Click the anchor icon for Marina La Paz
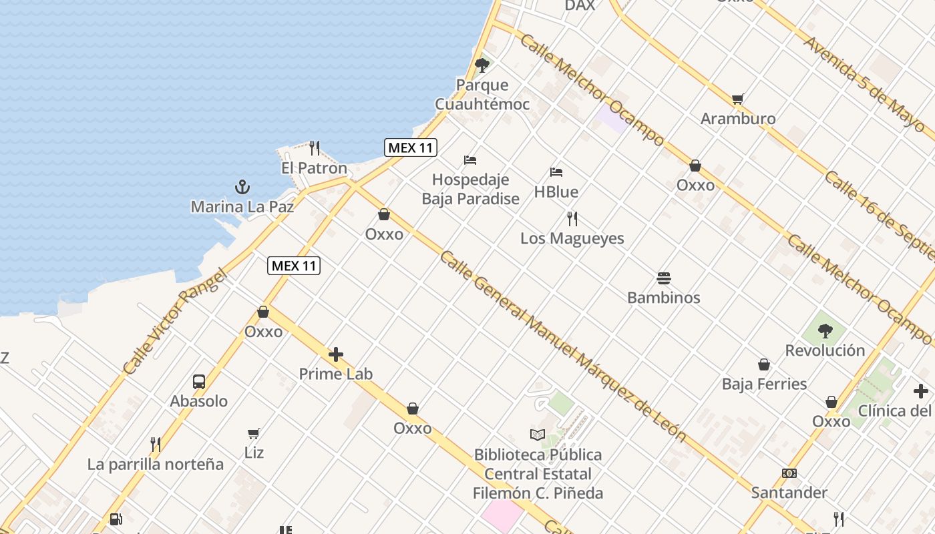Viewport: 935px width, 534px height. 242,187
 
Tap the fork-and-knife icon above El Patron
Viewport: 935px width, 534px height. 315,148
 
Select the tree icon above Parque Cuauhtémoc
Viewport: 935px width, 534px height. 482,65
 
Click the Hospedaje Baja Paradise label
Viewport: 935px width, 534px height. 470,189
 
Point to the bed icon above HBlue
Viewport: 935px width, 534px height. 556,172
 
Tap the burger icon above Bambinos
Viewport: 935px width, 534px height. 664,278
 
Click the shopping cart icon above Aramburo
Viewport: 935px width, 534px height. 738,99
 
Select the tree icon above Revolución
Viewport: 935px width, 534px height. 825,330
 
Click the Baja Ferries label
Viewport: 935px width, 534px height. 764,384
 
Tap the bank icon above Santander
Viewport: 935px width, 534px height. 789,473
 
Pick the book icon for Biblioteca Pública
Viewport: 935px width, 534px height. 538,435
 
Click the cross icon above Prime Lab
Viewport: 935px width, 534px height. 336,354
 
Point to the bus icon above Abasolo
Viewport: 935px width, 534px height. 199,382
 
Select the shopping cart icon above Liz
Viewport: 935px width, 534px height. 254,433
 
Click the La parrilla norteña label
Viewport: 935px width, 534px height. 156,464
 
